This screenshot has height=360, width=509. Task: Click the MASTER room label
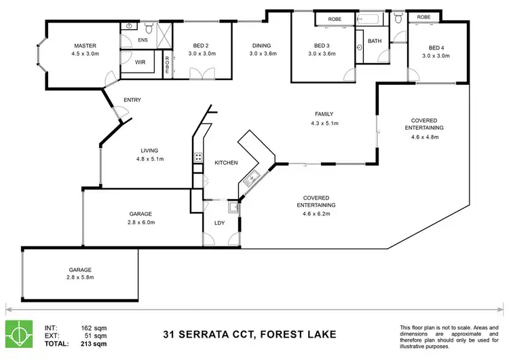click(x=86, y=46)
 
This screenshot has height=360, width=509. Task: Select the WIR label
click(x=140, y=62)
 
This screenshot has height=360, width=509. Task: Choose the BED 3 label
click(x=321, y=46)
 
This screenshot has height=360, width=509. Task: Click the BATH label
click(x=375, y=41)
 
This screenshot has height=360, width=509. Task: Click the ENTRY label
click(x=132, y=101)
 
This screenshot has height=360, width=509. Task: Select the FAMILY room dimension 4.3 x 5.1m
click(x=324, y=123)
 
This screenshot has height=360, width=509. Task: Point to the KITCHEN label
click(x=226, y=163)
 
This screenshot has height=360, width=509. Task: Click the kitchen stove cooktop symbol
click(x=198, y=158)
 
